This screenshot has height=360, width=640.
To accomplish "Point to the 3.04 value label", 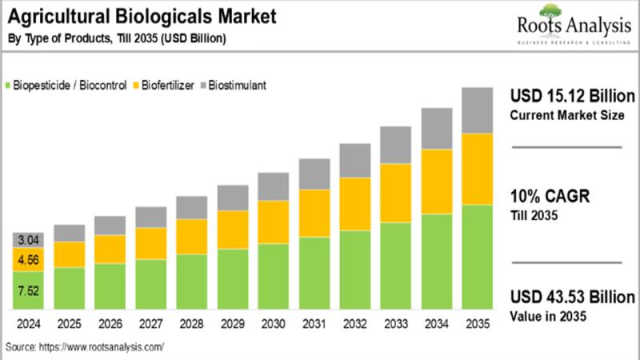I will click(28, 240).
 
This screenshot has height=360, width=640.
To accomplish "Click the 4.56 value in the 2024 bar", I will click(28, 259).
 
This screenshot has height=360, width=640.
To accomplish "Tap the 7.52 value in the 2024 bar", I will click(28, 291).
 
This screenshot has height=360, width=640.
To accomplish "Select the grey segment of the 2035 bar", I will click(477, 110).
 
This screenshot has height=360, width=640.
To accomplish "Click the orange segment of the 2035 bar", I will click(477, 169).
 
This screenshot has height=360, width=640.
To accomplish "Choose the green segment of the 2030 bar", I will click(273, 277).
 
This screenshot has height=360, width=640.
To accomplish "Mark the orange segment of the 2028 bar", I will click(191, 237).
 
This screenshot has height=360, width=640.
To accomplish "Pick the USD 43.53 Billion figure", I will click(573, 296).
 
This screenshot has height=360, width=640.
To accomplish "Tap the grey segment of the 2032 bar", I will click(354, 160).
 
